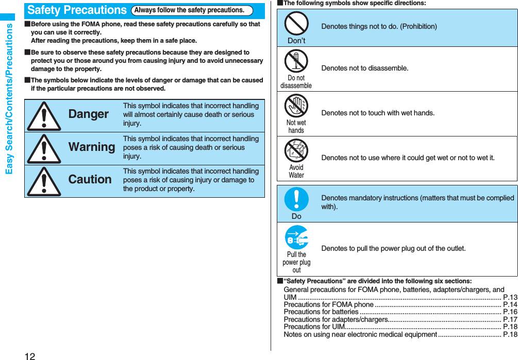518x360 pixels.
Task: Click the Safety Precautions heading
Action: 77,10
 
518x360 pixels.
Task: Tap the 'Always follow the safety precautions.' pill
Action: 192,10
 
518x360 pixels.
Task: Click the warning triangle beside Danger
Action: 44,116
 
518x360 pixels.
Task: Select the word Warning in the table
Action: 92,147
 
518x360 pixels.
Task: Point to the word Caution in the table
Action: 90,179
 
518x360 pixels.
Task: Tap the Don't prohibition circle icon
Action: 296,23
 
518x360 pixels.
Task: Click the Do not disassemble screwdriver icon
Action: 296,61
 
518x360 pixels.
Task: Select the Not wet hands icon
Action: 296,106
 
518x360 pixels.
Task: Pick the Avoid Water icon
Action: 296,150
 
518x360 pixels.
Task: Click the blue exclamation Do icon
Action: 296,199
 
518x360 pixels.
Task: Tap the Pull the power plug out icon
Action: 296,238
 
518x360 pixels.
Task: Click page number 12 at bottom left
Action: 29,355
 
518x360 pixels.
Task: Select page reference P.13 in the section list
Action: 510,297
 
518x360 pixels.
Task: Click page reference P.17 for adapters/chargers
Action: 510,319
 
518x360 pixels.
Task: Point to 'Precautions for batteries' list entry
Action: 321,312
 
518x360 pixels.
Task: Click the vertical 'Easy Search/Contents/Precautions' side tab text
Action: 9,98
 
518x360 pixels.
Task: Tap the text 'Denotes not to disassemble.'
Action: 364,68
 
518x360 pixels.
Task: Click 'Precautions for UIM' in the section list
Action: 314,327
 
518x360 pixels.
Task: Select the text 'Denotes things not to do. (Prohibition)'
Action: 379,26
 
